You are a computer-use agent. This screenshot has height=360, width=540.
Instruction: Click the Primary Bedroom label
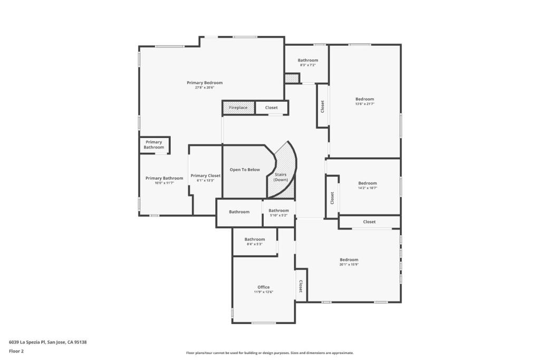205,83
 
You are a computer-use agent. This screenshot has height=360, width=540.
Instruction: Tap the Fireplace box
238,108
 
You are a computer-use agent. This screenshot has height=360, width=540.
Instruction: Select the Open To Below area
245,170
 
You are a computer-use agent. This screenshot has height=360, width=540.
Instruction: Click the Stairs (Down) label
281,177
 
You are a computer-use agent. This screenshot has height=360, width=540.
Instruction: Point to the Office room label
264,287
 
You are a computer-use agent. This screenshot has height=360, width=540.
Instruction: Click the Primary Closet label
206,176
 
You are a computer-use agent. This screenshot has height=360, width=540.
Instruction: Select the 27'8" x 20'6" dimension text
205,87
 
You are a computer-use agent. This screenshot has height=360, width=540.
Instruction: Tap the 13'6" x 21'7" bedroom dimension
364,104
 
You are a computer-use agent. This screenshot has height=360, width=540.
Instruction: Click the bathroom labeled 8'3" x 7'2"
307,61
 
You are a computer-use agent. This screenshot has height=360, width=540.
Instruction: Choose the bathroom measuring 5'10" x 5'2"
278,211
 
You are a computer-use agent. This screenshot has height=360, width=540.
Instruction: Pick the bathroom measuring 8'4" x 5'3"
255,239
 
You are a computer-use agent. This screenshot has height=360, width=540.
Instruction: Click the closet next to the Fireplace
271,108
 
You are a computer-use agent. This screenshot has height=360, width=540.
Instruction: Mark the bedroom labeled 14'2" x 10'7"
368,183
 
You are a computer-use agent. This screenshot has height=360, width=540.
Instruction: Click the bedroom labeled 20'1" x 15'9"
349,260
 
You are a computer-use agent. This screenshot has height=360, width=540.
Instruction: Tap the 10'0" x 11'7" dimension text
164,183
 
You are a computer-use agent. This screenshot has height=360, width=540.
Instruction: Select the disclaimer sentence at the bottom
269,353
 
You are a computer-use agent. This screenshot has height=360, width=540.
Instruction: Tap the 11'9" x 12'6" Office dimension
264,292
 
